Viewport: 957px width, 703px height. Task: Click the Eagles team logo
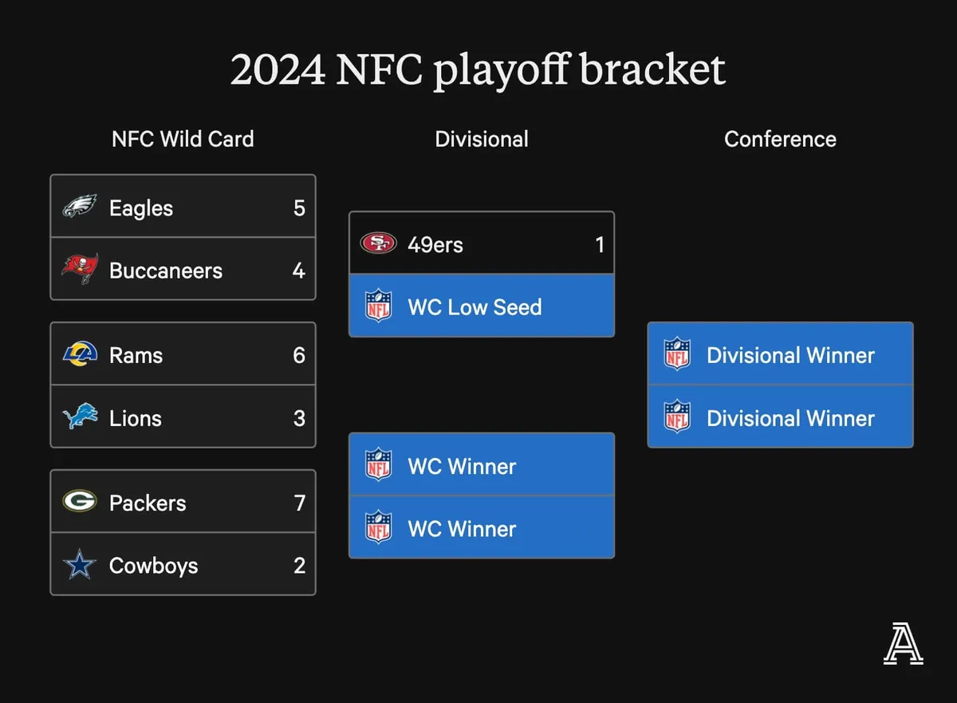[x=80, y=207]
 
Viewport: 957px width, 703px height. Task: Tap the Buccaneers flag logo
[x=80, y=269]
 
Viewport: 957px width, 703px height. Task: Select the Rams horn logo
[x=80, y=353]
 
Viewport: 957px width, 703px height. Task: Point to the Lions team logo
[x=80, y=417]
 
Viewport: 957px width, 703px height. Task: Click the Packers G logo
[x=80, y=502]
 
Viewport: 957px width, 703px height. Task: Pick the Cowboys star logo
[x=80, y=565]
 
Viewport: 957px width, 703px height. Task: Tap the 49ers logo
[x=378, y=243]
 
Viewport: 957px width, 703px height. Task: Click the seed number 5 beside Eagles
[x=299, y=208]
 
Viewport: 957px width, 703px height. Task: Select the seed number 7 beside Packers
[x=299, y=503]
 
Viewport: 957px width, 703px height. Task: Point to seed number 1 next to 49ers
[x=600, y=244]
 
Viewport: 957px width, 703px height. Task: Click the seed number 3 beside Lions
[x=299, y=418]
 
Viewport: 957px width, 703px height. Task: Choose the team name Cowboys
[x=153, y=566]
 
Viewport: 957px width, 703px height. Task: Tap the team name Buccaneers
[x=165, y=271]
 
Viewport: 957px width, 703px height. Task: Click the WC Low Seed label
[x=475, y=307]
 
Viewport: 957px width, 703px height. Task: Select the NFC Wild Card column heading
[x=183, y=139]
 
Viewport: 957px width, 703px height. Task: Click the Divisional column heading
[x=482, y=139]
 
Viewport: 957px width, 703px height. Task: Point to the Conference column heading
[x=780, y=139]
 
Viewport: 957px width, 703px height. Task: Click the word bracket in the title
[x=652, y=70]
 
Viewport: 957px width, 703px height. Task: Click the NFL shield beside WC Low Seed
[x=378, y=306]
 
